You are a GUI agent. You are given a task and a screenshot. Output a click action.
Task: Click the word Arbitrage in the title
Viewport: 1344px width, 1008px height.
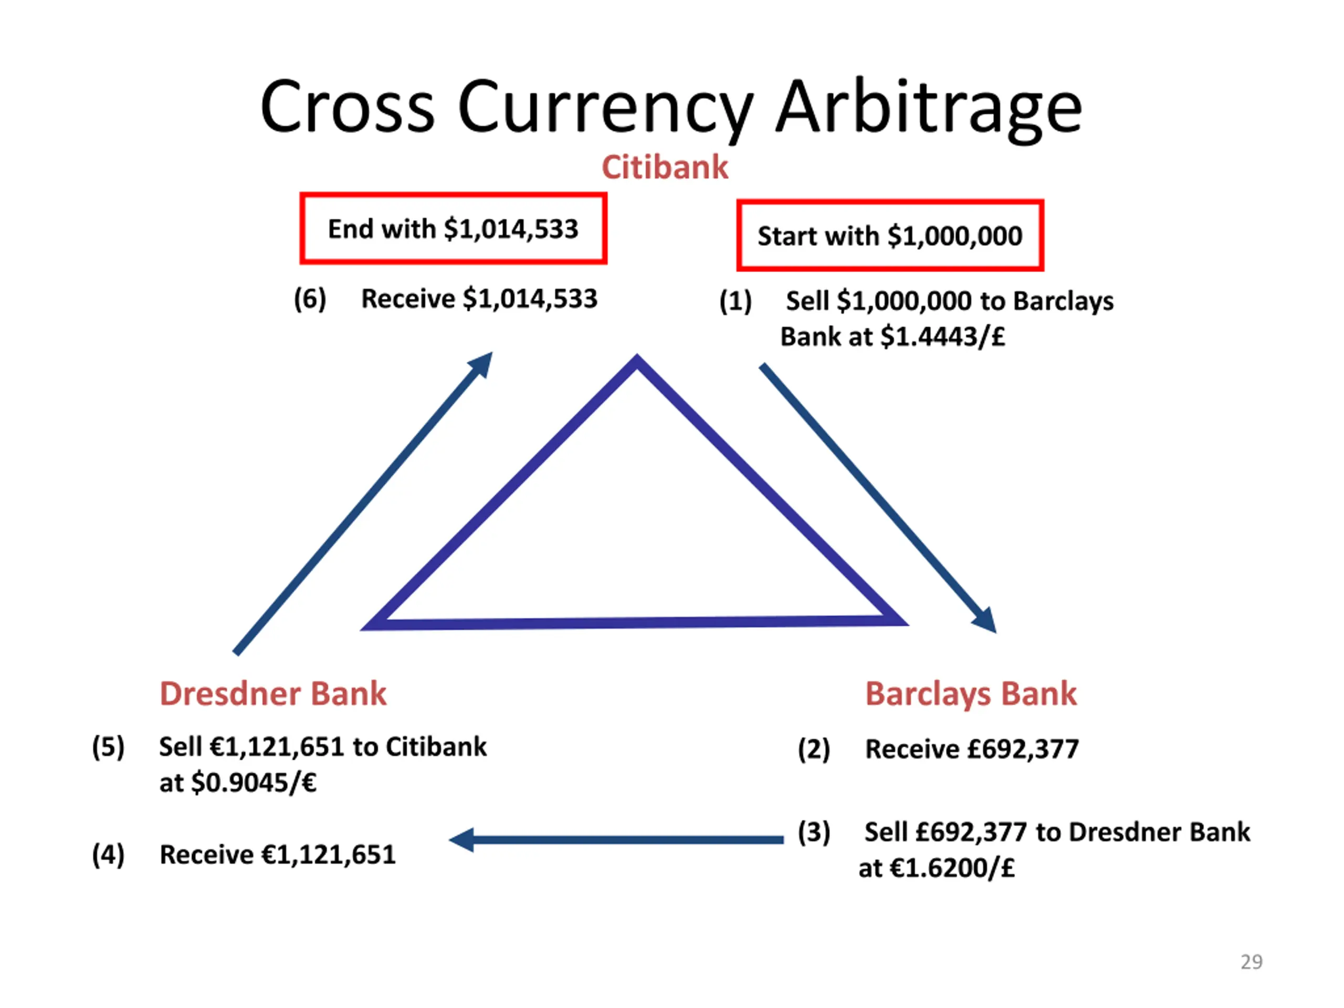tap(930, 109)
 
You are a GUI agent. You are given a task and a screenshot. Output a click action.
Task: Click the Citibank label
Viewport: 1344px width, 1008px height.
tap(665, 167)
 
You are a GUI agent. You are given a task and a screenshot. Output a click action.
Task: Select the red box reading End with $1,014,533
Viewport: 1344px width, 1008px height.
tap(453, 228)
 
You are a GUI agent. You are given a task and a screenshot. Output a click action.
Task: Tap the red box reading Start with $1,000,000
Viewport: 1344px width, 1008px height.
tap(890, 235)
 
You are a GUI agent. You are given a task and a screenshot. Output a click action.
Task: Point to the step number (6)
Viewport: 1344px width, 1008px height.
tap(310, 299)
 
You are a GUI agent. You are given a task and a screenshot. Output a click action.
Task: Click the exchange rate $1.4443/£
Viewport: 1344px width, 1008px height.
tap(943, 337)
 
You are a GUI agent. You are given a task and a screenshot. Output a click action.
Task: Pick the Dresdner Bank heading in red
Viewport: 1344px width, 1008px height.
tap(273, 694)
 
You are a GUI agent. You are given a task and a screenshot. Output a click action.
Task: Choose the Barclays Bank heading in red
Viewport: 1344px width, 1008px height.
tap(971, 694)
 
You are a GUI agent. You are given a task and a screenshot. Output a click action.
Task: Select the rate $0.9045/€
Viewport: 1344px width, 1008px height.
tap(254, 783)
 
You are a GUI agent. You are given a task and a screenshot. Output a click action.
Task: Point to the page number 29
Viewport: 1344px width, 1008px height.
tap(1252, 962)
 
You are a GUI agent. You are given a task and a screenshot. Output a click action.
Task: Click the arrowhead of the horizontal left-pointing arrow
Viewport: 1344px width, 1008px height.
tap(462, 839)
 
